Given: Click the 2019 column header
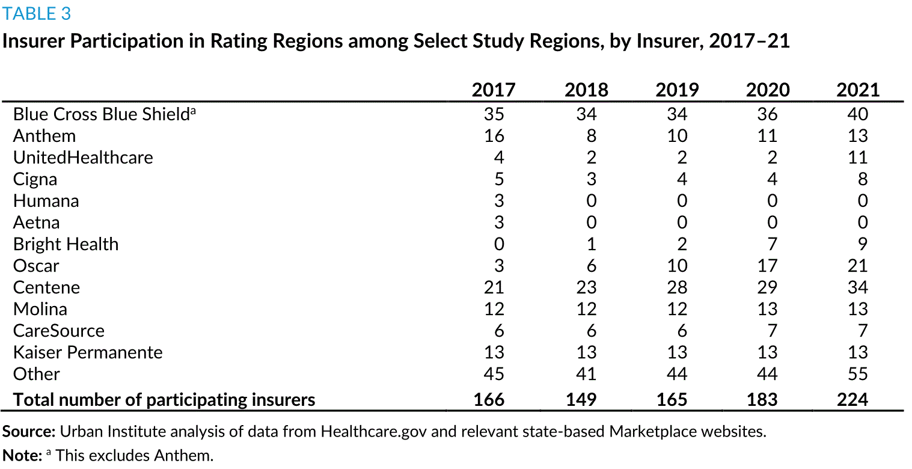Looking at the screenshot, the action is pyautogui.click(x=677, y=90).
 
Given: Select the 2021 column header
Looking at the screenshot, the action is pyautogui.click(x=858, y=90).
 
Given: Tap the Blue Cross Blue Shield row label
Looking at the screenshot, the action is pyautogui.click(x=104, y=114).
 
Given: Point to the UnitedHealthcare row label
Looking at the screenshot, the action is pyautogui.click(x=83, y=158).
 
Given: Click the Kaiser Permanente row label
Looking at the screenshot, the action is pyautogui.click(x=88, y=352).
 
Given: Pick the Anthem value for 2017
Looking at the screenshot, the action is pyautogui.click(x=494, y=135).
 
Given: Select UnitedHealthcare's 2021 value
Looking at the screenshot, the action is pyautogui.click(x=857, y=158).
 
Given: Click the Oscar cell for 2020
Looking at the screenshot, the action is pyautogui.click(x=768, y=266).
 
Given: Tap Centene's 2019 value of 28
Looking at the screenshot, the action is pyautogui.click(x=677, y=287).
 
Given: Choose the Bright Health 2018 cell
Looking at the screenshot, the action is pyautogui.click(x=592, y=244).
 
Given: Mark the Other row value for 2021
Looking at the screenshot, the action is pyautogui.click(x=857, y=374).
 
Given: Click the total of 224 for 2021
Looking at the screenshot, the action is pyautogui.click(x=852, y=399).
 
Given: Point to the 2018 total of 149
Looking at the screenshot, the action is pyautogui.click(x=581, y=399).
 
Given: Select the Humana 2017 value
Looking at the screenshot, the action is pyautogui.click(x=499, y=201).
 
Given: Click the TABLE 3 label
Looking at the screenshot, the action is pyautogui.click(x=37, y=13).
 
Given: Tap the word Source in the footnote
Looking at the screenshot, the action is pyautogui.click(x=28, y=432).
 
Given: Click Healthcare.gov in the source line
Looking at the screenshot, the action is pyautogui.click(x=373, y=432).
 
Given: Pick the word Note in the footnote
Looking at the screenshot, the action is pyautogui.click(x=22, y=456).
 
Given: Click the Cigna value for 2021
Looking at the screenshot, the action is pyautogui.click(x=863, y=179).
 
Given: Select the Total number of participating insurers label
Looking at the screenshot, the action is pyautogui.click(x=164, y=400).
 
